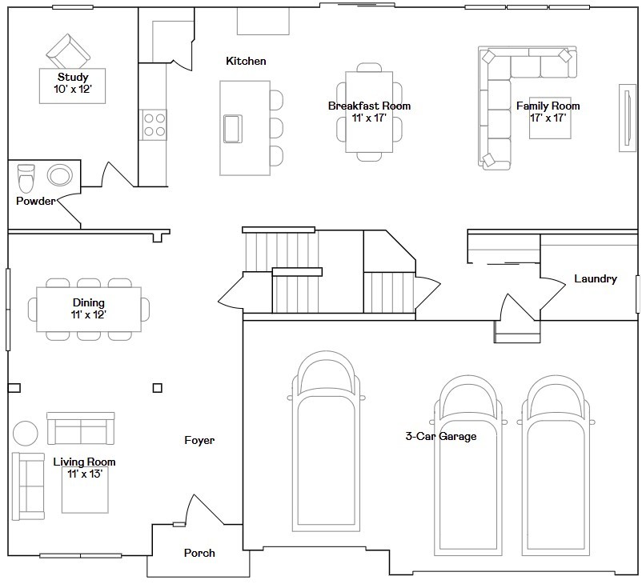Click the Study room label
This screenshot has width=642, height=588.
(x=73, y=77)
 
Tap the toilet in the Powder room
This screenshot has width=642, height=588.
(x=26, y=178)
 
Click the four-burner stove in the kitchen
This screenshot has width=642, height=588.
(x=154, y=125)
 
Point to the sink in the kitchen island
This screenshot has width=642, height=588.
(x=233, y=129)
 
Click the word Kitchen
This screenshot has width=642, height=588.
(x=246, y=61)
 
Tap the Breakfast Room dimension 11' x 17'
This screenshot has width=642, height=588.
(x=369, y=118)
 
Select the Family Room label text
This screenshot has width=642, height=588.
(x=548, y=106)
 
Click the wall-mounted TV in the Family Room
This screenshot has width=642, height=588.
(x=627, y=118)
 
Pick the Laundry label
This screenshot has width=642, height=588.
(x=596, y=278)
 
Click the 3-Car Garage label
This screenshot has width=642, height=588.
(x=441, y=436)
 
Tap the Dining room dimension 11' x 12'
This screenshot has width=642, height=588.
(x=88, y=314)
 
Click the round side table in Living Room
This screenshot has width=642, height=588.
(x=26, y=433)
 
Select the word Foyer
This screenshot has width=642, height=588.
(x=199, y=440)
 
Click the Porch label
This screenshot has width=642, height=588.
(x=199, y=553)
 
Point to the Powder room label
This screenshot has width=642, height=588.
(x=35, y=201)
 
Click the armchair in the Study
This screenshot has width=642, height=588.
(x=68, y=52)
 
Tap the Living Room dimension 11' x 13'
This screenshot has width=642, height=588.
(x=85, y=474)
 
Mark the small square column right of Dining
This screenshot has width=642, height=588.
(x=157, y=388)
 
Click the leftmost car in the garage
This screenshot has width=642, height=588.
(x=326, y=441)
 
